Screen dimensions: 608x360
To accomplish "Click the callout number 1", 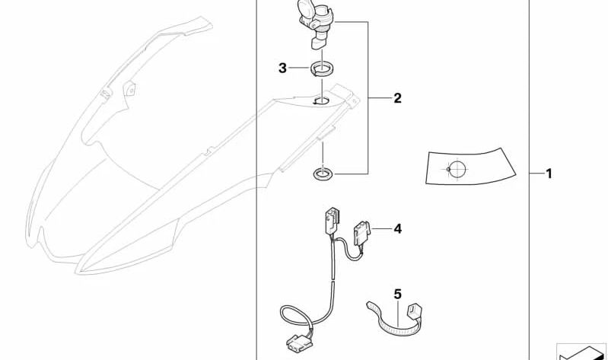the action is [549, 174].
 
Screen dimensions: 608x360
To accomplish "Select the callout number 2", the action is [397, 98].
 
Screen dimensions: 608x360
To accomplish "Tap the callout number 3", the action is [282, 68].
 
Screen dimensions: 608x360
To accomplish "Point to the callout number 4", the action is [398, 229].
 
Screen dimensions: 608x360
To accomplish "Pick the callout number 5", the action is [398, 295].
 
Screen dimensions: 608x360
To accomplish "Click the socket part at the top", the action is [316, 24].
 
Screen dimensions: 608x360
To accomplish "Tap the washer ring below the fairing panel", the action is [323, 174].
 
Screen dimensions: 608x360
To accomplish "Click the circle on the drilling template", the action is [457, 169].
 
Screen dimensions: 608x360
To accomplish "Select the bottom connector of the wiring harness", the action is [299, 344].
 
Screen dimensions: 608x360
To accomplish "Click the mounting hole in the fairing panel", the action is [321, 101].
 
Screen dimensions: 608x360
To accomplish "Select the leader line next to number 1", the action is [536, 174].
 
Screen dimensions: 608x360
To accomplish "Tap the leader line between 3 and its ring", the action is [299, 68].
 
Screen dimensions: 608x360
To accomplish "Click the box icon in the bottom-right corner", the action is [581, 352].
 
